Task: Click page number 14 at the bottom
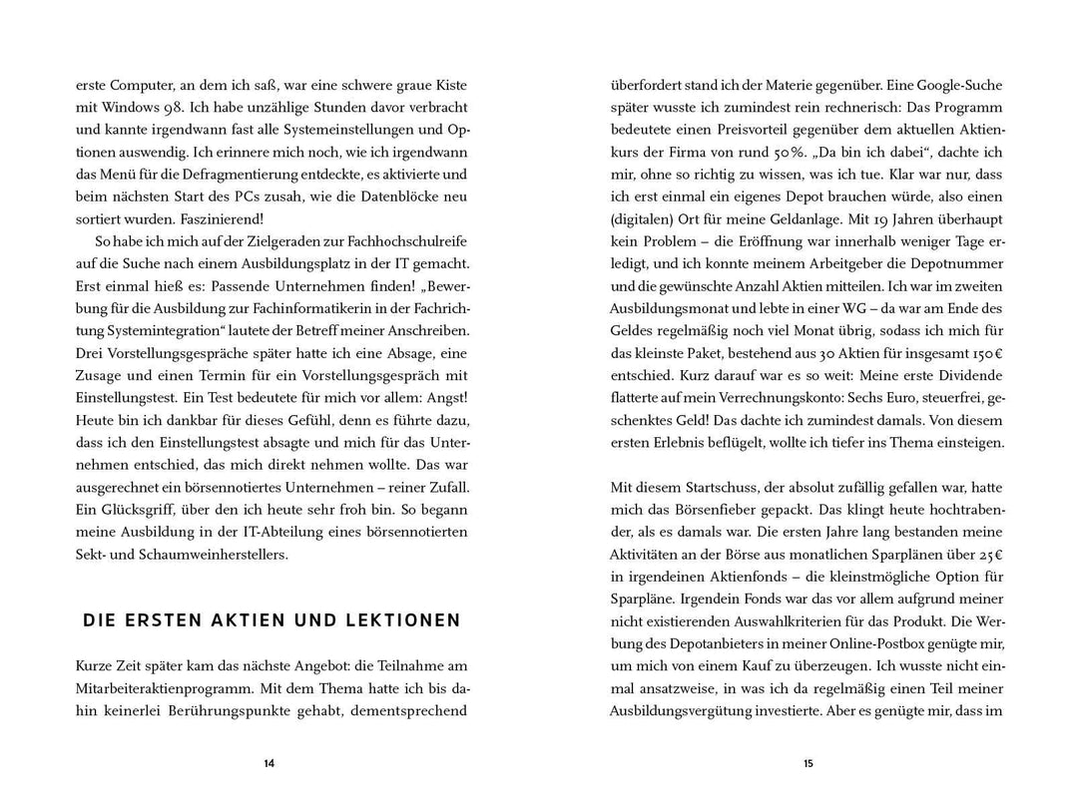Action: [269, 764]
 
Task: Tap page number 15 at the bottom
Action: [808, 764]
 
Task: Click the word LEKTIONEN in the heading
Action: [403, 620]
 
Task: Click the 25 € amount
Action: [991, 554]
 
